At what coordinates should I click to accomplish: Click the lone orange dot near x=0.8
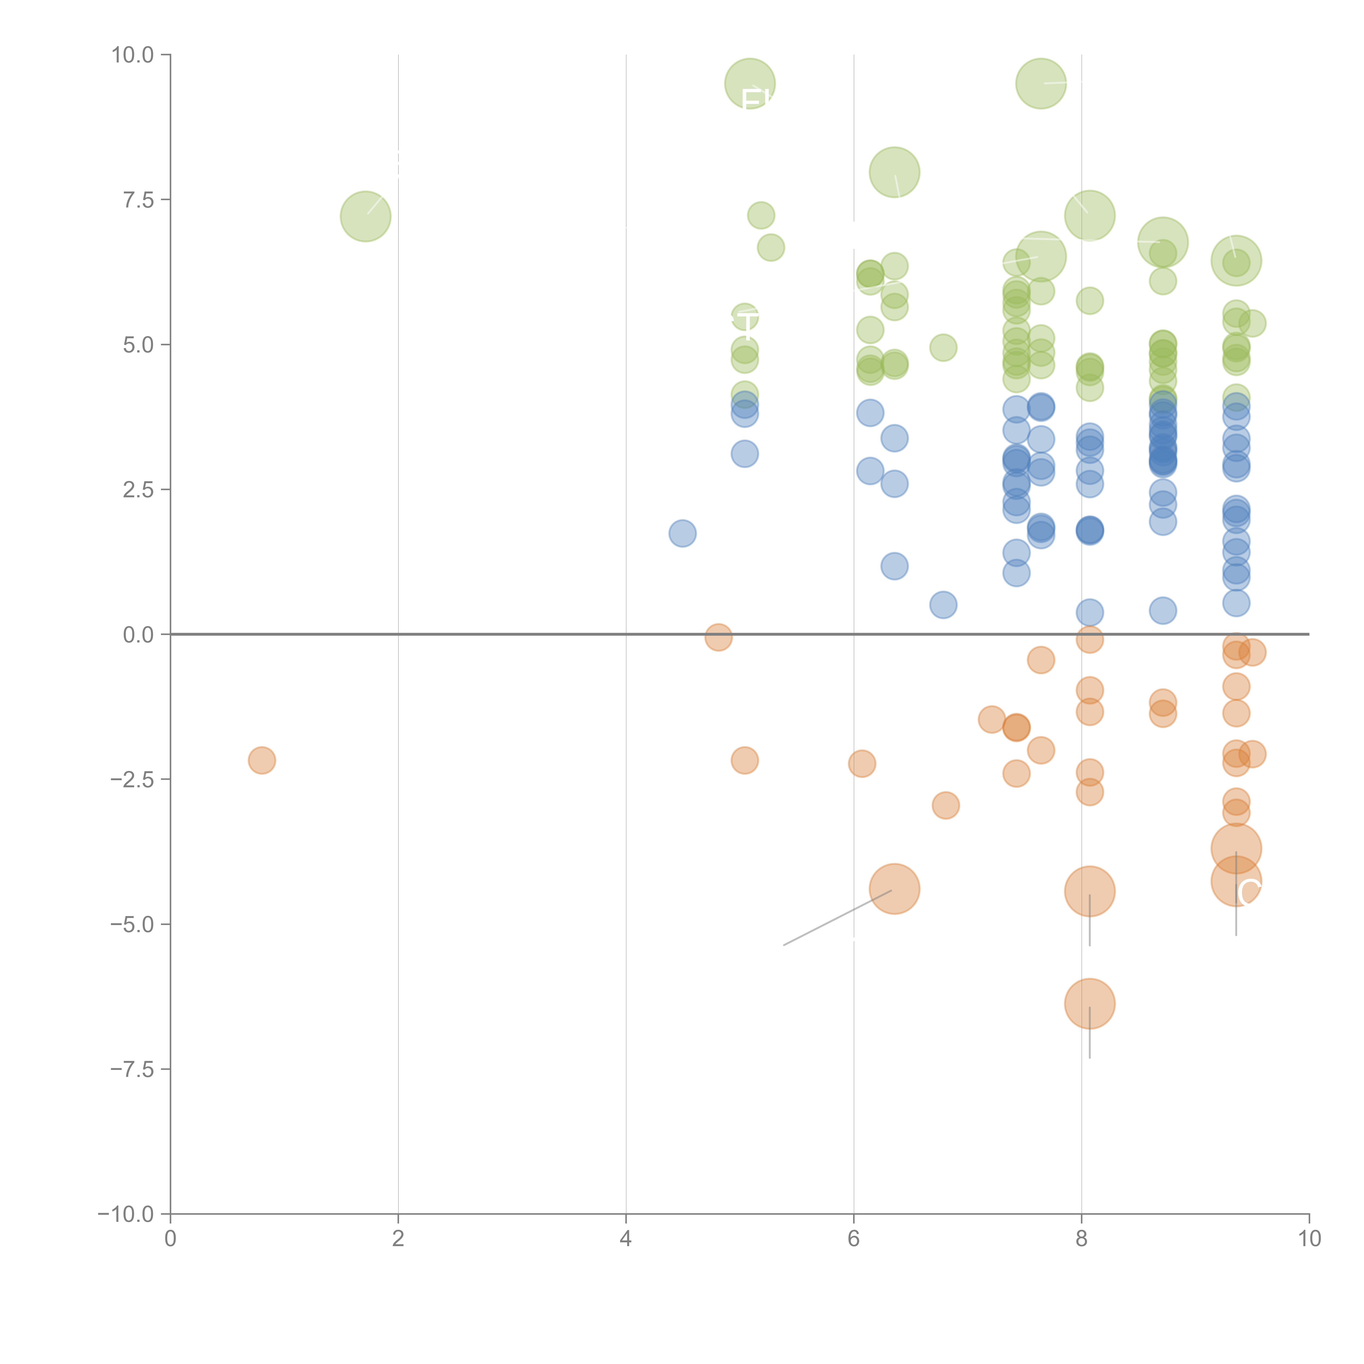coord(262,760)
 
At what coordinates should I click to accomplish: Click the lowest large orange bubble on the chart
coord(1089,1003)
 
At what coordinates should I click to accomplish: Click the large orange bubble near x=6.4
coord(895,889)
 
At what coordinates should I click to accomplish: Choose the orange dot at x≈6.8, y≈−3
coord(945,805)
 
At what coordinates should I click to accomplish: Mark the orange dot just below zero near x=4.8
coord(718,638)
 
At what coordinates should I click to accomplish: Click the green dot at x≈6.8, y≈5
coord(943,347)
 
